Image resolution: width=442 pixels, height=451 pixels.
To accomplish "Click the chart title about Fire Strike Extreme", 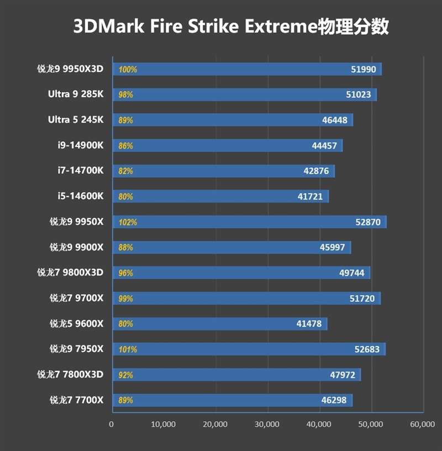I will pyautogui.click(x=231, y=26).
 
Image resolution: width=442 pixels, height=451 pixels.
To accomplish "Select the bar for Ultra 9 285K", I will pyautogui.click(x=245, y=94).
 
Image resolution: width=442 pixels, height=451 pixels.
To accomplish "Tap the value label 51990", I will pyautogui.click(x=364, y=70).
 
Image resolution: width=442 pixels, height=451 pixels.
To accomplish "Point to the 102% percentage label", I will pyautogui.click(x=128, y=222).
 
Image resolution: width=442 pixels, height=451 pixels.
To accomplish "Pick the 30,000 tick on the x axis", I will pyautogui.click(x=267, y=424).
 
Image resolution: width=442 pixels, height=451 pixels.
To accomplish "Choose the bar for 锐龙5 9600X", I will pyautogui.click(x=220, y=324).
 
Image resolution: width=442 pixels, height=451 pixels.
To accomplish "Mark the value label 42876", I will pyautogui.click(x=316, y=171).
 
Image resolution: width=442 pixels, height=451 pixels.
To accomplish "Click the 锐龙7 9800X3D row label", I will pyautogui.click(x=70, y=273).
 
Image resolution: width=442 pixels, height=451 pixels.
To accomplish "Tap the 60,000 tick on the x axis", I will pyautogui.click(x=423, y=424).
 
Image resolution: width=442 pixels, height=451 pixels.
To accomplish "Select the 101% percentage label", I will pyautogui.click(x=128, y=349).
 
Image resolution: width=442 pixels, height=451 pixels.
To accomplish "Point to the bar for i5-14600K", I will pyautogui.click(x=221, y=197).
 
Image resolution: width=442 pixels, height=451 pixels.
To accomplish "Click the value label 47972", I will pyautogui.click(x=342, y=375).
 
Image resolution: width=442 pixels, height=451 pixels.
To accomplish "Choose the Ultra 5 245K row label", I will pyautogui.click(x=75, y=120).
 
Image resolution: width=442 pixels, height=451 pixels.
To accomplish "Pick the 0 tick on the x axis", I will pyautogui.click(x=112, y=424).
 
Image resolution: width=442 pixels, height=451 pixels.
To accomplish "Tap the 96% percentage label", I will pyautogui.click(x=125, y=273).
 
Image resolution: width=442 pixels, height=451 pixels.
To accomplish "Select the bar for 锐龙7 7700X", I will pyautogui.click(x=233, y=400).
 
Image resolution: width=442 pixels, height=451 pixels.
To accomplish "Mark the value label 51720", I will pyautogui.click(x=362, y=299).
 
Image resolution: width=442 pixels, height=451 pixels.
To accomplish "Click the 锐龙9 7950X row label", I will pyautogui.click(x=76, y=349).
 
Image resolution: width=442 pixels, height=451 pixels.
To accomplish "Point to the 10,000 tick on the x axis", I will pyautogui.click(x=164, y=424).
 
